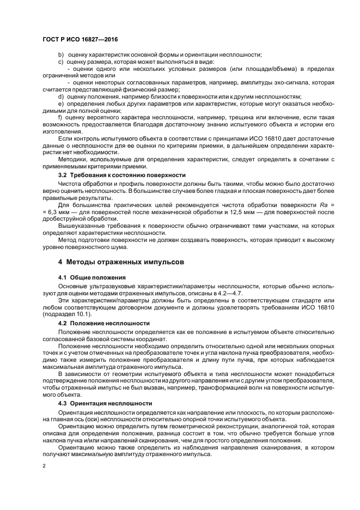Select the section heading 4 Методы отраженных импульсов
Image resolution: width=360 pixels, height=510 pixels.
(121, 262)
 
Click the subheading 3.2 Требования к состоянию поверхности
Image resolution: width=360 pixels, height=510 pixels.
(122, 175)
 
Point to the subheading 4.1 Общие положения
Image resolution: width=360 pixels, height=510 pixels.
(91, 277)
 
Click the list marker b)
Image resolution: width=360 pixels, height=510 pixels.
(60, 54)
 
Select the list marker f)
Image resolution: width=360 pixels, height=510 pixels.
(60, 117)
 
